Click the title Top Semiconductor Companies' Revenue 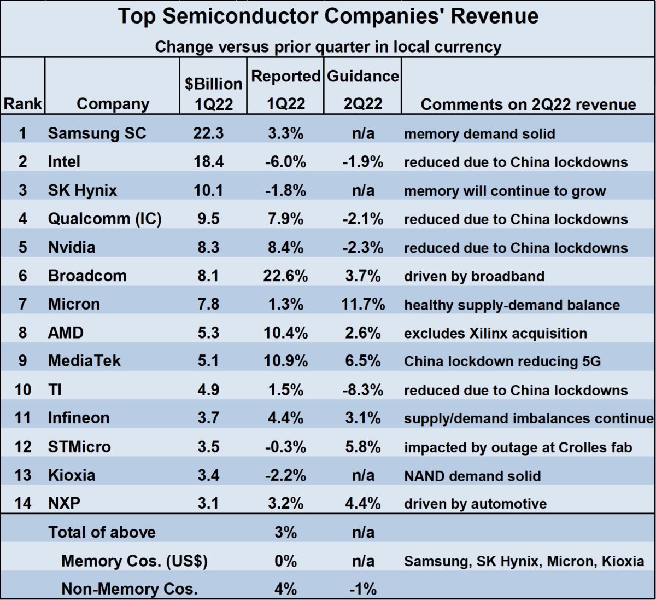pyautogui.click(x=328, y=16)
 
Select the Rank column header pyautogui.click(x=22, y=104)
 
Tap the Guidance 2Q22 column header pyautogui.click(x=363, y=90)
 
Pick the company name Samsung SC pyautogui.click(x=97, y=133)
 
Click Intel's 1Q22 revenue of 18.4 pyautogui.click(x=208, y=162)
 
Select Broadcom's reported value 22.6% pyautogui.click(x=285, y=276)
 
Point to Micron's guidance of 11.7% pyautogui.click(x=363, y=304)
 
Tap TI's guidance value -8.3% pyautogui.click(x=363, y=390)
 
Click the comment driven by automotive pyautogui.click(x=475, y=504)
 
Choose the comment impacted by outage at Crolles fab pyautogui.click(x=518, y=447)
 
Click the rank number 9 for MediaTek pyautogui.click(x=22, y=361)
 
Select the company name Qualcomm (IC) pyautogui.click(x=105, y=219)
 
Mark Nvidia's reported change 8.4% pyautogui.click(x=285, y=247)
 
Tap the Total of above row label pyautogui.click(x=102, y=532)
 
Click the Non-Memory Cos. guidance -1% pyautogui.click(x=363, y=589)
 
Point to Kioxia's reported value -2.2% pyautogui.click(x=285, y=475)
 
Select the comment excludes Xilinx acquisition pyautogui.click(x=495, y=333)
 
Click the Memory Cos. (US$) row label pyautogui.click(x=134, y=561)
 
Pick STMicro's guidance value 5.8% pyautogui.click(x=363, y=447)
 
